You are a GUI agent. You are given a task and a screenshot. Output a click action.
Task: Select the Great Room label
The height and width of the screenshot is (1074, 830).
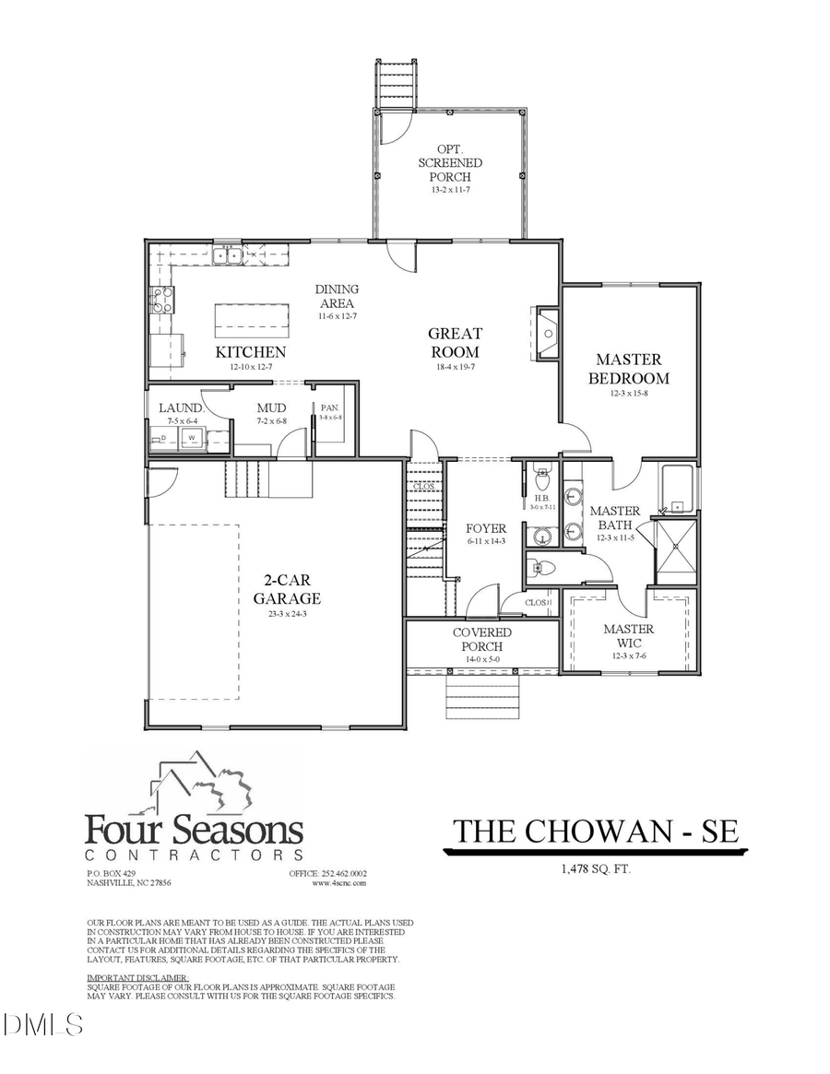coord(454,342)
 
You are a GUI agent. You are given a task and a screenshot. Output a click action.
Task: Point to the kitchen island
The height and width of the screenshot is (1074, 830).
coord(244,320)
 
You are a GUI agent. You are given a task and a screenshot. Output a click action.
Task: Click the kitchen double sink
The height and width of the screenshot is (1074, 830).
coord(227,255)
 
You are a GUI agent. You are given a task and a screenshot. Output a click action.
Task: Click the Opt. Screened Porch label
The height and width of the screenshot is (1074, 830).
coord(449,162)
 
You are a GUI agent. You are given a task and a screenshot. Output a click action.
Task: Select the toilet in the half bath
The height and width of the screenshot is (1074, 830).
coord(542,479)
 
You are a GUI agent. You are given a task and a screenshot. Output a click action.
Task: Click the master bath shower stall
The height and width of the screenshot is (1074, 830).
coord(675,551)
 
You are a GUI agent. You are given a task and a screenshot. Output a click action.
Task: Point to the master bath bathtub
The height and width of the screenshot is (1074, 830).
coord(678,489)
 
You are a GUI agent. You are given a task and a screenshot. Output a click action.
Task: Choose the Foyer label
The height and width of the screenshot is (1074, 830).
coord(485,528)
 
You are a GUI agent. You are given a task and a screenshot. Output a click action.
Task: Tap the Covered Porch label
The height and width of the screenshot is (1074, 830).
coord(481,639)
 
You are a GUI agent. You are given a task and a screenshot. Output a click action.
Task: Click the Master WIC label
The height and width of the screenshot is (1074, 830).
coord(628,635)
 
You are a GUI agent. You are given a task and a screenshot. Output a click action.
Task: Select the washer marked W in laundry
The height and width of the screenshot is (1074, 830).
coord(194,439)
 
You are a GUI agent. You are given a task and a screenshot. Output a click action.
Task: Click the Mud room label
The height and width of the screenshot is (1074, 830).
coord(271,407)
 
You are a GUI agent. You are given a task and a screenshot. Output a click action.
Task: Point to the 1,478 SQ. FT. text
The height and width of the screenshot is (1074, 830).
coord(595,868)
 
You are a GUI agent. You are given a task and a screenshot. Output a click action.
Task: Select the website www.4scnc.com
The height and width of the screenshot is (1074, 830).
coord(338,882)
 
